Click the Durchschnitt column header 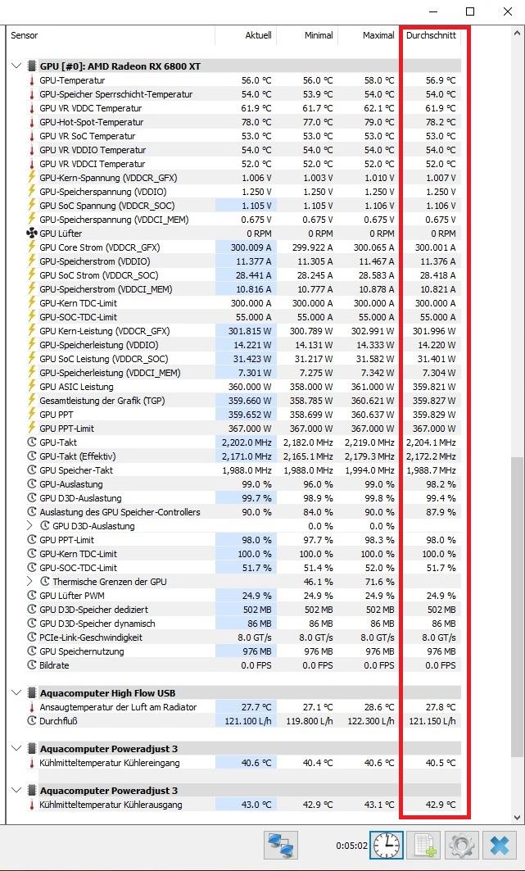431,35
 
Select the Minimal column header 319,35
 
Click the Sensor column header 25,35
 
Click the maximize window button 470,11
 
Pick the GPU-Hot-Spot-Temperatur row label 91,122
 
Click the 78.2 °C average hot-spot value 440,122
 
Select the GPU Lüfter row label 61,234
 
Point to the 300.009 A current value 251,247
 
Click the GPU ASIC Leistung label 76,387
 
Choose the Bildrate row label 54,665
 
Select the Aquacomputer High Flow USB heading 107,692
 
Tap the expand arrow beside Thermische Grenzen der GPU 30,582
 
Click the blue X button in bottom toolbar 500,845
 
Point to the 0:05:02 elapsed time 351,846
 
